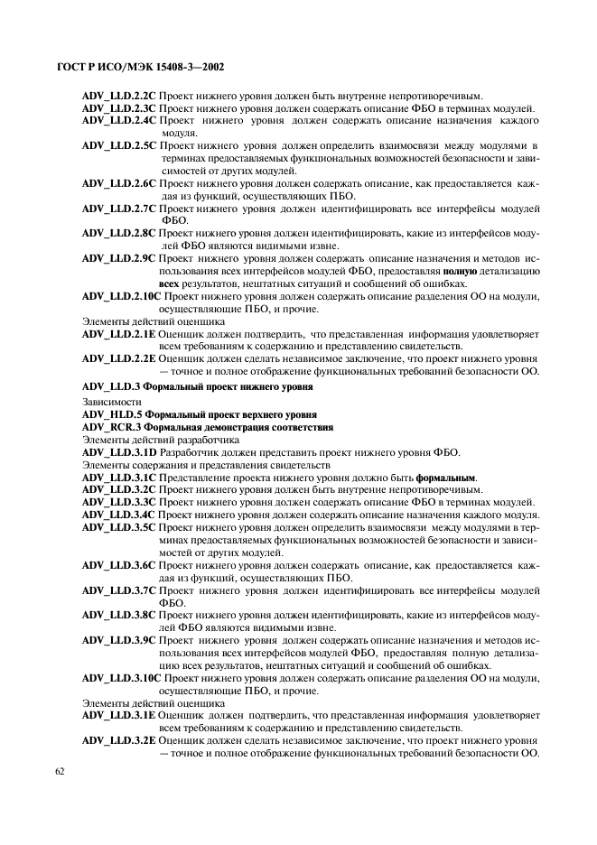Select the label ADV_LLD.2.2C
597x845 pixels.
point(119,95)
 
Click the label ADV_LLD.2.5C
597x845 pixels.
point(119,145)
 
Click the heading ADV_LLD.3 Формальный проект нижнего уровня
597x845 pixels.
point(197,387)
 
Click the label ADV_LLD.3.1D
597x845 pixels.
point(119,452)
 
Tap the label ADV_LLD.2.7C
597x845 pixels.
point(119,209)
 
